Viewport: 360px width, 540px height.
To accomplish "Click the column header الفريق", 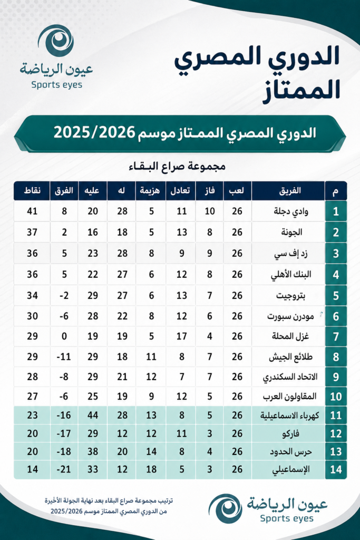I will click(289, 191).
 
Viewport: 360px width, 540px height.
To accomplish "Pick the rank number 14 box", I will click(336, 470).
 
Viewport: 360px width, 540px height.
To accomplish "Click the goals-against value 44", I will click(92, 414).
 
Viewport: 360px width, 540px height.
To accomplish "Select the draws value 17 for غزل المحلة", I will click(181, 336).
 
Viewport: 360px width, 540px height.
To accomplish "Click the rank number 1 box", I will click(336, 213).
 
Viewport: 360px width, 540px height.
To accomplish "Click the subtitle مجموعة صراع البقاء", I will click(180, 167).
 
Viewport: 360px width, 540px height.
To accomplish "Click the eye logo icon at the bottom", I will click(226, 508).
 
